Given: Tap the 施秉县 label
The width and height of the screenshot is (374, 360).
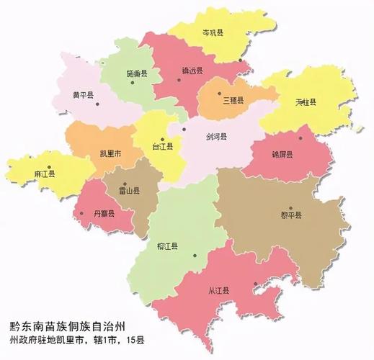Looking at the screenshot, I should (135, 74).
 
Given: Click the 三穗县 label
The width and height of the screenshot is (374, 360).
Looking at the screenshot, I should (233, 100).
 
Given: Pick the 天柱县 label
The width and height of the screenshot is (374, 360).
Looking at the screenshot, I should (306, 102).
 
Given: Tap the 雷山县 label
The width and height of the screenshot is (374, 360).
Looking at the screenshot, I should (129, 192).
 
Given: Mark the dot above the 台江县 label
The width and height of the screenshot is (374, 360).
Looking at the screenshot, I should (163, 139).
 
